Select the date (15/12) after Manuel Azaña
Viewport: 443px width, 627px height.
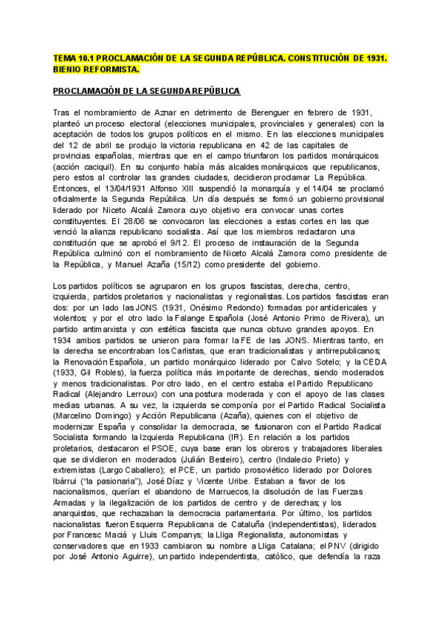coord(174,264)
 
